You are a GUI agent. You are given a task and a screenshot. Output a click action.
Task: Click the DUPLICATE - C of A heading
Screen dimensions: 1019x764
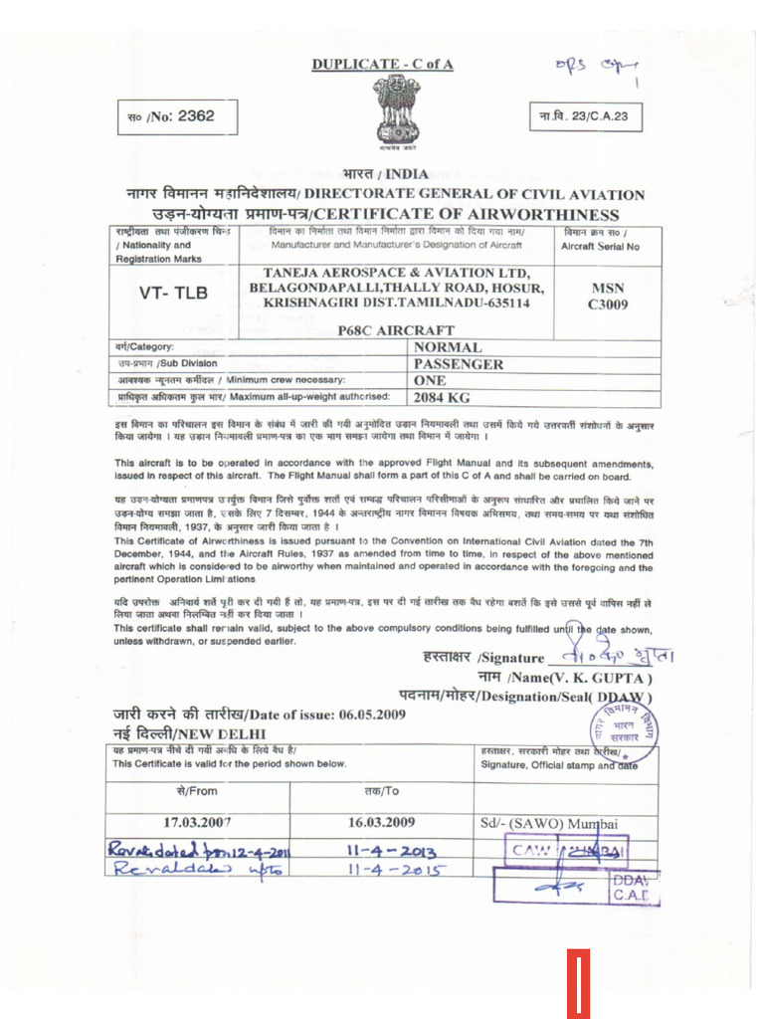[382, 65]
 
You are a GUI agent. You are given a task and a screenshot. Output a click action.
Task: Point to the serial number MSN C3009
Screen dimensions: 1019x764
[607, 296]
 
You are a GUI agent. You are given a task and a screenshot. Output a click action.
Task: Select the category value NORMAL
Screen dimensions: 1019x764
[448, 347]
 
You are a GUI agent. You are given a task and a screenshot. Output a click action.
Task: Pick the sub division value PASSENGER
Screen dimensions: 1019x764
[459, 364]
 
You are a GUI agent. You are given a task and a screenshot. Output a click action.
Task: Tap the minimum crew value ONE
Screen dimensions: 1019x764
[430, 380]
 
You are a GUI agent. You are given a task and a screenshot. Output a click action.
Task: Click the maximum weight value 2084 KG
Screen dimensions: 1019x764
[442, 397]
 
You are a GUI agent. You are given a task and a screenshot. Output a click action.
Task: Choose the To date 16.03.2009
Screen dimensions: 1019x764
[381, 822]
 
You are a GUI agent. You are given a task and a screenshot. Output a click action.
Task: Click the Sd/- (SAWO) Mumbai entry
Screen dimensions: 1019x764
[549, 823]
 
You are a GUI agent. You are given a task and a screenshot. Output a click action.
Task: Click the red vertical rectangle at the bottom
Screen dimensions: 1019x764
[579, 982]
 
